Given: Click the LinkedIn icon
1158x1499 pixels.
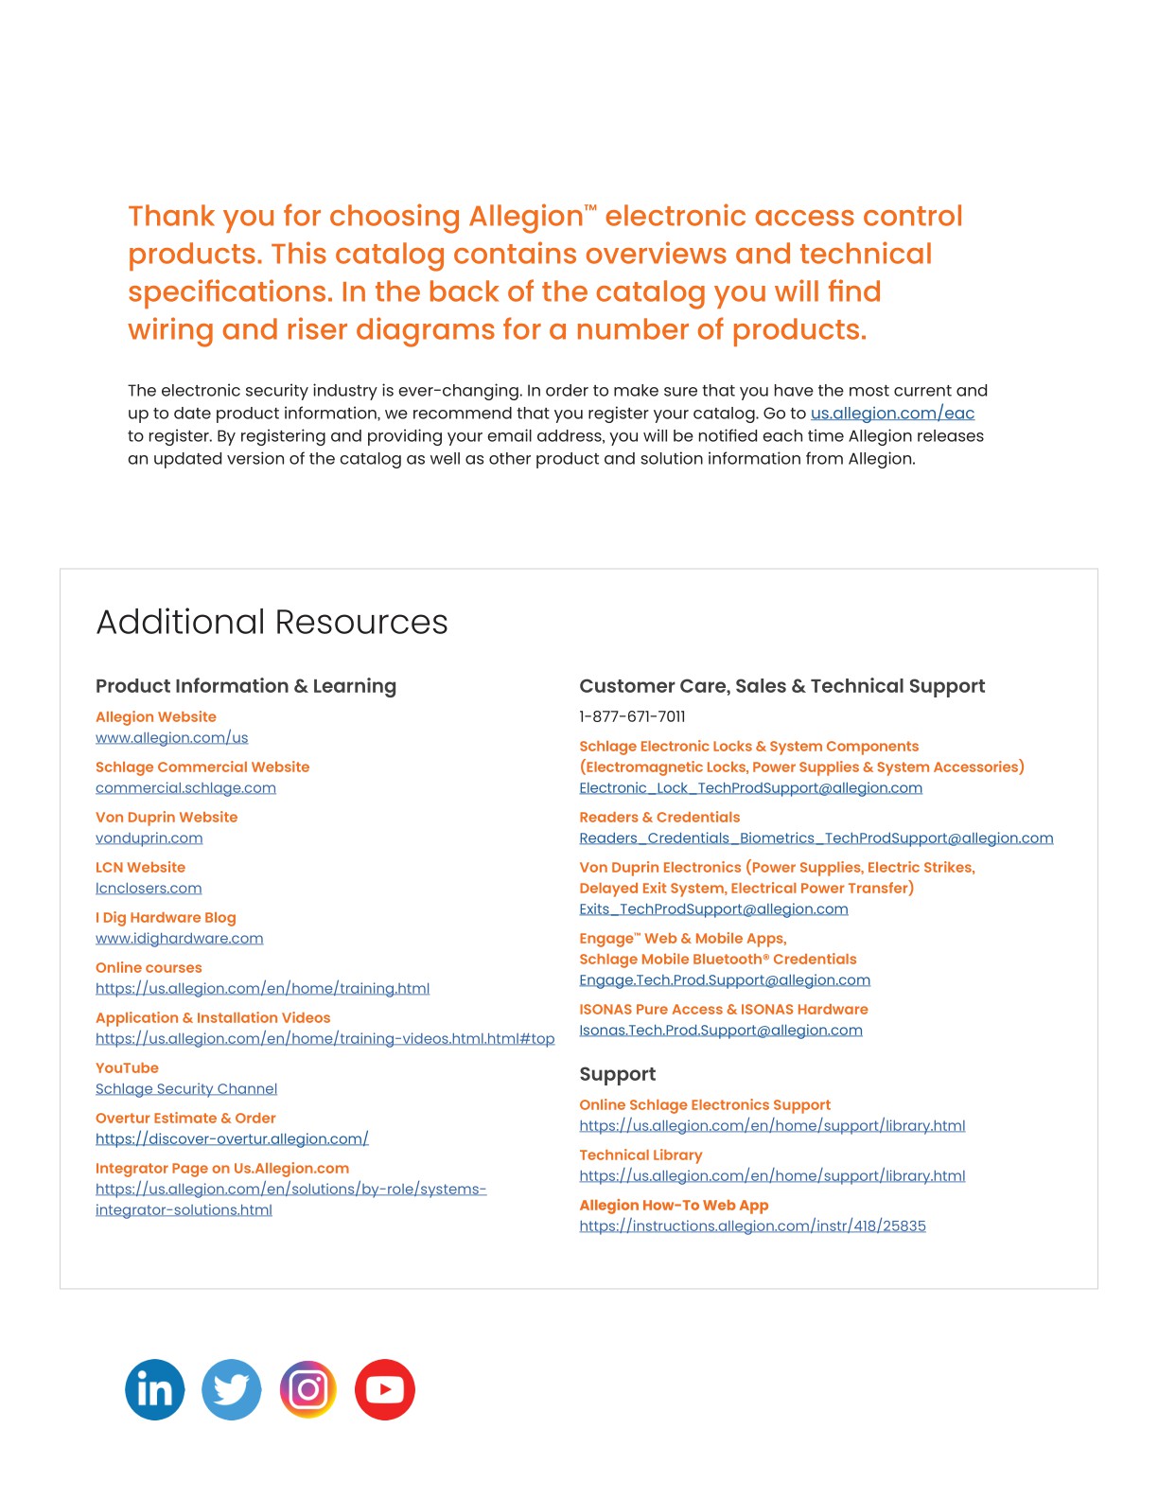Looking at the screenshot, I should tap(154, 1389).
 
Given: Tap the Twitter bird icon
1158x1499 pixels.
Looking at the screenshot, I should tap(231, 1389).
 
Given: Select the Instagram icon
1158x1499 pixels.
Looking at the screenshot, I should tap(307, 1389).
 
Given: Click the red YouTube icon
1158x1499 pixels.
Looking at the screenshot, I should tap(384, 1389).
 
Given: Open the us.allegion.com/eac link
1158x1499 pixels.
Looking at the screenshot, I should tap(892, 414).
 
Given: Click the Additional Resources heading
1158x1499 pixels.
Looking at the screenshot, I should tap(272, 622).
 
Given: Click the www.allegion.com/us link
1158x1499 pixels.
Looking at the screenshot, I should tap(171, 738).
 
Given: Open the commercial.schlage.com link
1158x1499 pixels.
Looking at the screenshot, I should tap(185, 788).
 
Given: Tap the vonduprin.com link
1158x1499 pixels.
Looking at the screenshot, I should tap(149, 838).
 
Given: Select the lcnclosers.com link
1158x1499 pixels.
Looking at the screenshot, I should tap(149, 889).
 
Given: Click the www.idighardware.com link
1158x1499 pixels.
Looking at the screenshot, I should tap(179, 939).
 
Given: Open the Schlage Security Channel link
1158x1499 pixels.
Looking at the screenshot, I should tap(185, 1089).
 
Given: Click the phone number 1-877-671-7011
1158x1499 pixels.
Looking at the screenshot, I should tap(632, 716).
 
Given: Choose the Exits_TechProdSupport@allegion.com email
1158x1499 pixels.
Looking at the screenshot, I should tap(713, 909).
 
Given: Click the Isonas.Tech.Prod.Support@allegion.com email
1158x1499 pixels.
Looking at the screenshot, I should tap(720, 1031).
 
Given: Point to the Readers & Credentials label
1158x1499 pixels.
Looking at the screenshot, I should tap(659, 818).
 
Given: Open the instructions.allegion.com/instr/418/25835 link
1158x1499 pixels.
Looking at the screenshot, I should tap(752, 1226).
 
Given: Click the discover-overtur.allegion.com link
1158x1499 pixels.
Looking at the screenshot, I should tap(232, 1139).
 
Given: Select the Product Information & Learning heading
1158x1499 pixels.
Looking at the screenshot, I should tap(246, 686).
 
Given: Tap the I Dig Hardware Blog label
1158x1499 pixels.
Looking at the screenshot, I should tap(166, 918).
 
